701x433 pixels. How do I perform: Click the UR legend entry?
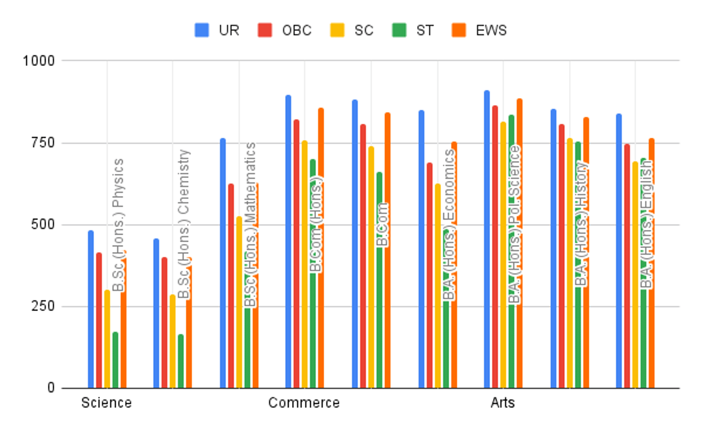(x=217, y=30)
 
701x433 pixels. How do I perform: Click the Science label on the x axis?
(x=106, y=403)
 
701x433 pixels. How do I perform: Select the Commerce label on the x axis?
(x=304, y=403)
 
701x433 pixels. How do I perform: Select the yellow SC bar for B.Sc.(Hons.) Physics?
(x=107, y=339)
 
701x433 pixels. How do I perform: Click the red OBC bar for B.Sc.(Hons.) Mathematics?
(x=231, y=286)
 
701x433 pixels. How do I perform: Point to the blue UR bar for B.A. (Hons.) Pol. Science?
(x=487, y=239)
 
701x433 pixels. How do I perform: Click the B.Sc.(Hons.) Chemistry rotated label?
(x=184, y=224)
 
